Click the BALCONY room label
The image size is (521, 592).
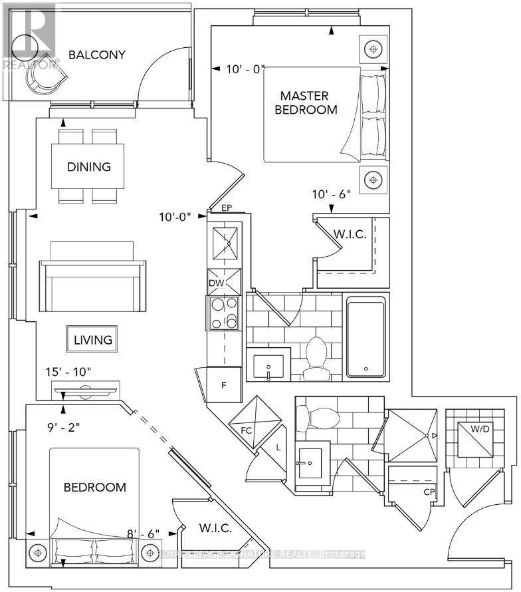[x=96, y=55]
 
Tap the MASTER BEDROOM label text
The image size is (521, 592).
[x=307, y=102]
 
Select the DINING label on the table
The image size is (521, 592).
[x=88, y=167]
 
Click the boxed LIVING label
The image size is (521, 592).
[x=93, y=340]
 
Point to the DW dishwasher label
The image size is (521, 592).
[x=215, y=283]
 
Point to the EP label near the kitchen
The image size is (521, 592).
[x=226, y=208]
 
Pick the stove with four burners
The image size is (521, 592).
[x=224, y=312]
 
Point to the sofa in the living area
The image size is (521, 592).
[x=92, y=279]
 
